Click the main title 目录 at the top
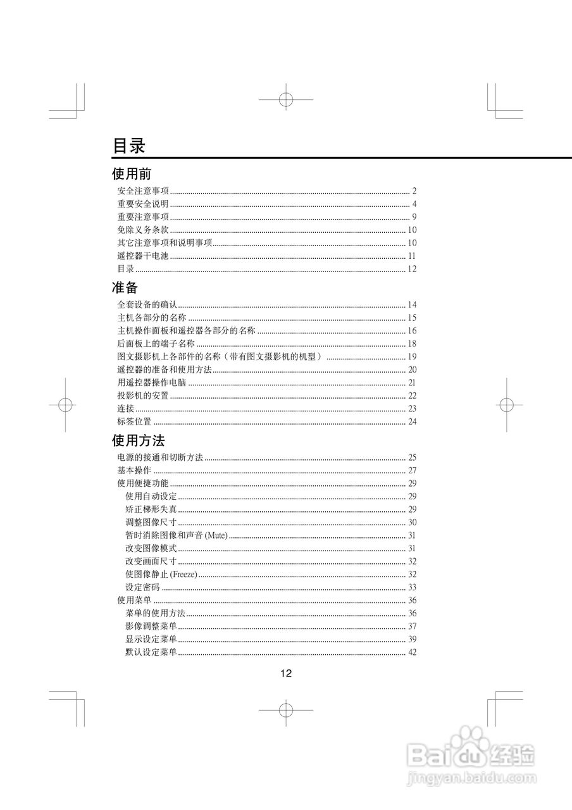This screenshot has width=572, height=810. click(129, 146)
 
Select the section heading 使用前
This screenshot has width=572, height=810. click(132, 173)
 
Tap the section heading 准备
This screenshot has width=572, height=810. click(125, 287)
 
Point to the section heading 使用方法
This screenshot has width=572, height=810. click(139, 440)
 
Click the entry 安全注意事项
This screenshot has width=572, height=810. click(143, 191)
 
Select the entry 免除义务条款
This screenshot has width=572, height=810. click(143, 230)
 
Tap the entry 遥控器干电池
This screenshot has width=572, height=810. click(143, 256)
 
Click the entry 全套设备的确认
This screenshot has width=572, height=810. click(147, 305)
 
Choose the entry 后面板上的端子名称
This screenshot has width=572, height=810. click(156, 344)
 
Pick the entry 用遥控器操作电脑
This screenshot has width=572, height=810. click(152, 383)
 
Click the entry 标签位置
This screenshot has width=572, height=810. click(134, 421)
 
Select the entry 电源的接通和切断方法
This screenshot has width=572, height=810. click(160, 458)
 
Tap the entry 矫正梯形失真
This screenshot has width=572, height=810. click(151, 509)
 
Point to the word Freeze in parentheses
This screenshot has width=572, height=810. click(184, 575)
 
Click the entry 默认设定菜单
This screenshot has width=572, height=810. click(151, 652)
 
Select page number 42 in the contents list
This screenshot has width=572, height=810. click(412, 652)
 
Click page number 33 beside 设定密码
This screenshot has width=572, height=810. click(412, 587)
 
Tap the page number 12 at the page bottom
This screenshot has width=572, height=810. click(286, 673)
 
